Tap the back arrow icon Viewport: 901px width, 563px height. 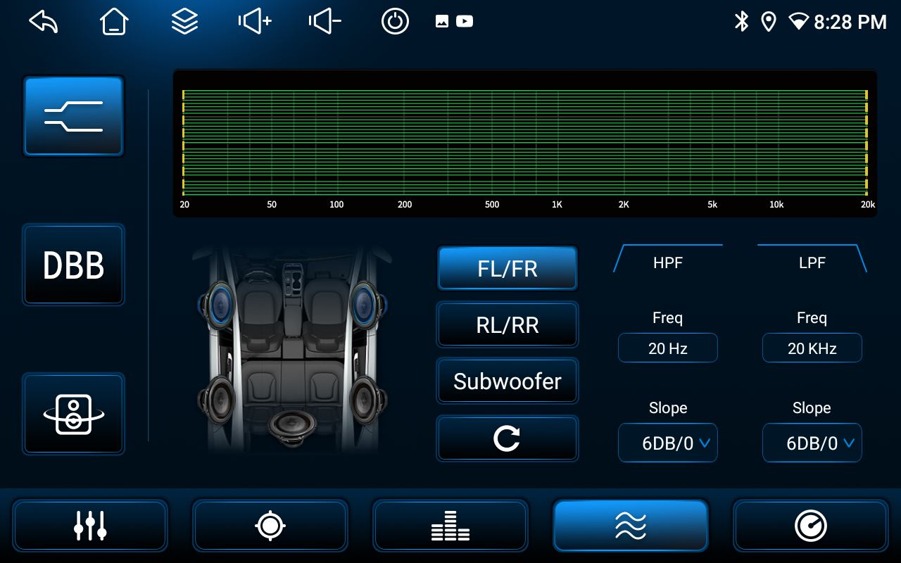(x=44, y=21)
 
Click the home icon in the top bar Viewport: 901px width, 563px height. (x=114, y=21)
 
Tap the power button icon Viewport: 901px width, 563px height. (x=395, y=21)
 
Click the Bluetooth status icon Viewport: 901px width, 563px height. (x=741, y=21)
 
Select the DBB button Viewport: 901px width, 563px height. (x=74, y=265)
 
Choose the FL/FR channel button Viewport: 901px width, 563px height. (x=508, y=268)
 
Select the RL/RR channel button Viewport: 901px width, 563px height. (x=508, y=324)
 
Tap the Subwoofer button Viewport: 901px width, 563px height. (x=508, y=381)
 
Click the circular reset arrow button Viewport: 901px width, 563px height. (x=508, y=438)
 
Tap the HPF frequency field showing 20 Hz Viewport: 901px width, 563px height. (x=668, y=348)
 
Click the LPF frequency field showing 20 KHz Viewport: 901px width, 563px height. (x=812, y=348)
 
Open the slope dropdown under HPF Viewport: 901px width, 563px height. (x=668, y=443)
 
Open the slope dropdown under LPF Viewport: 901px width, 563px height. (x=812, y=443)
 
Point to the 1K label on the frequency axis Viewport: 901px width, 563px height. (x=557, y=205)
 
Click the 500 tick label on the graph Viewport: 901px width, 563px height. (x=492, y=205)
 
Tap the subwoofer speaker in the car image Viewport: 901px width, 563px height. (x=292, y=427)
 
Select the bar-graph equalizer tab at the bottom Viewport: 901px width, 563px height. (x=450, y=525)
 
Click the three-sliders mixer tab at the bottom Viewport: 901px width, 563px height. (x=90, y=525)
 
